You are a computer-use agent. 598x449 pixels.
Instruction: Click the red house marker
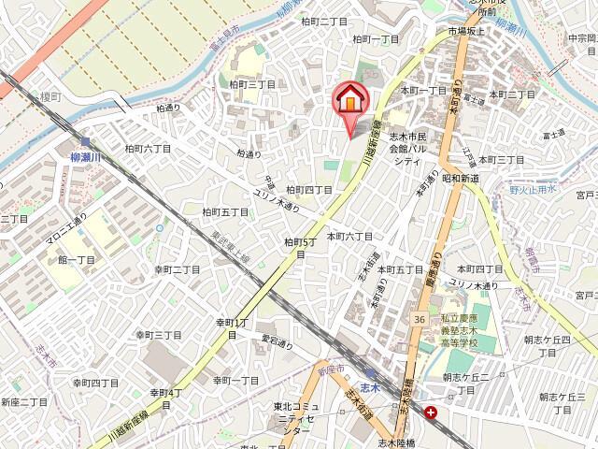point(349,98)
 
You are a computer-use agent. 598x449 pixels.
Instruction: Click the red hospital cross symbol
point(430,412)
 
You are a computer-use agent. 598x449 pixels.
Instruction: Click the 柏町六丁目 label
point(148,148)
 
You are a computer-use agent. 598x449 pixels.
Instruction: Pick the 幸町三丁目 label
point(158,334)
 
